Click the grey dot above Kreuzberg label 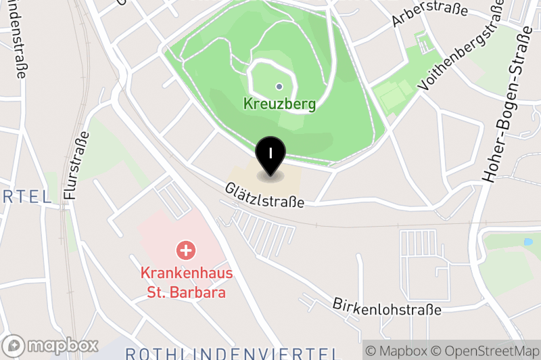pyautogui.click(x=279, y=86)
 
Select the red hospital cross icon pyautogui.click(x=186, y=250)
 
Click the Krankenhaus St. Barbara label pyautogui.click(x=187, y=283)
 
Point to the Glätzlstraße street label pyautogui.click(x=265, y=194)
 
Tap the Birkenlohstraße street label pyautogui.click(x=386, y=305)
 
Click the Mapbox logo pyautogui.click(x=51, y=344)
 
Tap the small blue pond pyautogui.click(x=527, y=242)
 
